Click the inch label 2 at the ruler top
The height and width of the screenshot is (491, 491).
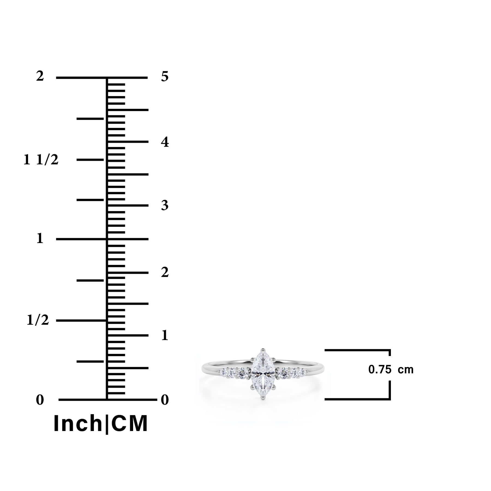click(x=40, y=76)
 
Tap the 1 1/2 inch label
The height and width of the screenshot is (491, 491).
click(x=41, y=160)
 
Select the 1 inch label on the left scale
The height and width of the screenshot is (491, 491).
click(x=40, y=238)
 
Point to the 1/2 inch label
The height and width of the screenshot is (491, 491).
click(x=38, y=320)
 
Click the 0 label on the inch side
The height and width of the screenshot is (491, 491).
click(x=40, y=400)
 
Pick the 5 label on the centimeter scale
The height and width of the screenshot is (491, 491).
click(x=165, y=77)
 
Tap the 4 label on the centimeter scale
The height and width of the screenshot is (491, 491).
click(x=165, y=142)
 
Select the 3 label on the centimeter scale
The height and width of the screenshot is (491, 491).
click(x=165, y=205)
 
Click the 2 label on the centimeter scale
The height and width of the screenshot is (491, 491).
click(x=165, y=272)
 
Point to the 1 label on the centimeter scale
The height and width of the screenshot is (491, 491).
click(x=164, y=336)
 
